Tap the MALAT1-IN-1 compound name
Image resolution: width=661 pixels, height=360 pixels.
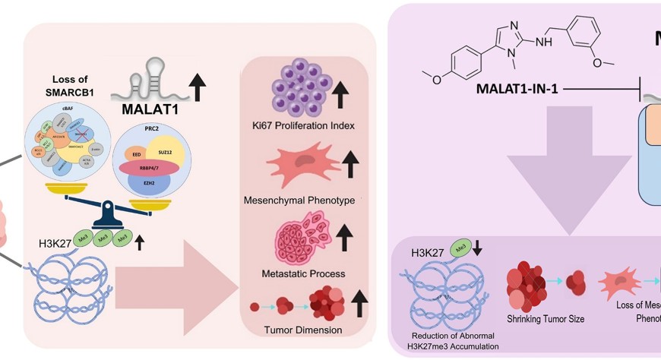tap(517, 88)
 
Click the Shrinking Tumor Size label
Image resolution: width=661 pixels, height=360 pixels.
tap(546, 319)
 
